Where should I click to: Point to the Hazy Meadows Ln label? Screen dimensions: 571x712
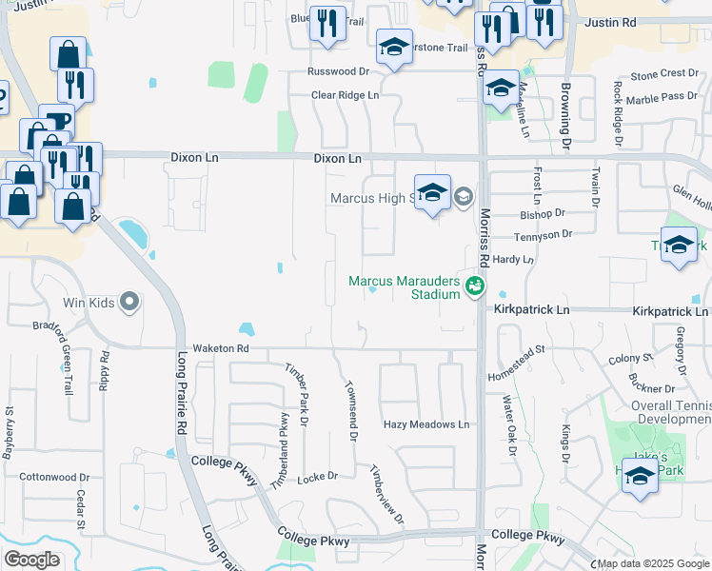[426, 424]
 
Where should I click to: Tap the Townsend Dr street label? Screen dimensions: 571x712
[351, 411]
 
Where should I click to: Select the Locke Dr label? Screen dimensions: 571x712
[318, 476]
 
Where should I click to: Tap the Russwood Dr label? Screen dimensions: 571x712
[337, 71]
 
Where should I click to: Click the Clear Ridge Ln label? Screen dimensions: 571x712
[346, 95]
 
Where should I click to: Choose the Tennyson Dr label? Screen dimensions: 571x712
[543, 234]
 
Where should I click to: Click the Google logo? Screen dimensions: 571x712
[31, 560]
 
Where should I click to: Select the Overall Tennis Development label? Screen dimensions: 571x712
[658, 412]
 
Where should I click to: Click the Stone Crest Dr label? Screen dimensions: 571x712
[665, 73]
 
